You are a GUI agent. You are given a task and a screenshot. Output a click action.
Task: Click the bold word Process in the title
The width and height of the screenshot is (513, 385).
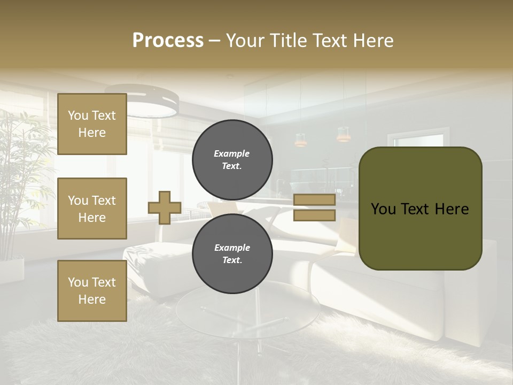(x=168, y=41)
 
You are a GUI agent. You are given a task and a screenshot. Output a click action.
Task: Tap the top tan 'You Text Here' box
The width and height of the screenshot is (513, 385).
(x=92, y=124)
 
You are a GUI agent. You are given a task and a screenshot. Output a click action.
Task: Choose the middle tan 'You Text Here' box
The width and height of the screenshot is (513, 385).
(x=92, y=209)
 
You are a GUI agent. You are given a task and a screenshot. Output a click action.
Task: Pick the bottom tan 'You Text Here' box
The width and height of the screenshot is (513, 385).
(x=92, y=290)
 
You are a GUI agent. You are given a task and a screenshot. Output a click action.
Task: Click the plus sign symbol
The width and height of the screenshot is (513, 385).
(x=165, y=207)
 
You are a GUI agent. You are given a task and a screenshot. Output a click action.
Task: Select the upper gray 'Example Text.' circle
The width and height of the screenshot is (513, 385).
(x=232, y=159)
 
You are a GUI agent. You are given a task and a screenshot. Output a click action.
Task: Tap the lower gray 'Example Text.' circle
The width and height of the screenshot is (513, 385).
(x=232, y=253)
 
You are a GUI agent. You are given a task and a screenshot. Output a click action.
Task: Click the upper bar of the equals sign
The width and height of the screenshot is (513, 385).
(x=315, y=199)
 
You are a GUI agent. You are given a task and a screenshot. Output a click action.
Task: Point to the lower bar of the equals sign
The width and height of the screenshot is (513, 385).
(x=315, y=215)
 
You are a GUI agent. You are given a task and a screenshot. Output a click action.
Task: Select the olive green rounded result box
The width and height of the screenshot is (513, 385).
(x=420, y=209)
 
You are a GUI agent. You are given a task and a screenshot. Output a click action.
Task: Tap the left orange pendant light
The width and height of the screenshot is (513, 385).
(x=300, y=140)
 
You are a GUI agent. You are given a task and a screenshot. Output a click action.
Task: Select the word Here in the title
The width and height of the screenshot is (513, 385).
(x=372, y=41)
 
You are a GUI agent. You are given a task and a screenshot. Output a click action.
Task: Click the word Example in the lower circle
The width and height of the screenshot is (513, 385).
(x=232, y=248)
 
